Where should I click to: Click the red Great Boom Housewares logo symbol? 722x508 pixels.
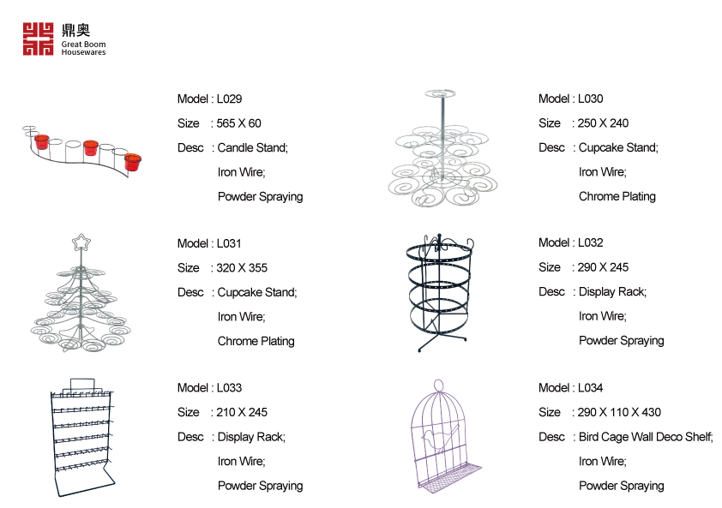click(x=39, y=39)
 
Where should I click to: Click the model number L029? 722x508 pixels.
click(x=229, y=99)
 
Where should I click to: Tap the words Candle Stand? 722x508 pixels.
click(x=252, y=147)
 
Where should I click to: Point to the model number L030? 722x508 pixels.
click(x=590, y=99)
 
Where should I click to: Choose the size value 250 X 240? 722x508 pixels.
click(x=603, y=123)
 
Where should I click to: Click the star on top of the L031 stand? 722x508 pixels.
click(x=81, y=242)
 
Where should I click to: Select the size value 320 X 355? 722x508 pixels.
click(x=242, y=267)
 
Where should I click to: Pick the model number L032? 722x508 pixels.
click(x=590, y=242)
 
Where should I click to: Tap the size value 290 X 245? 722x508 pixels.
click(x=603, y=267)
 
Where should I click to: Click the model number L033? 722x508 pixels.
click(x=229, y=388)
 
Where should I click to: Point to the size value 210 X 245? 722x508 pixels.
click(x=242, y=412)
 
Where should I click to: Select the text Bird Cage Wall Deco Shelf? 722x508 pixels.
click(x=645, y=437)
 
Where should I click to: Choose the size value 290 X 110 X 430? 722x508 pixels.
click(x=619, y=412)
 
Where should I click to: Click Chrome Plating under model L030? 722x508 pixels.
click(x=617, y=196)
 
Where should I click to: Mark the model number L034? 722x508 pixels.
click(x=590, y=388)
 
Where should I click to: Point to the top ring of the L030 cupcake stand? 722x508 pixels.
click(x=440, y=93)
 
